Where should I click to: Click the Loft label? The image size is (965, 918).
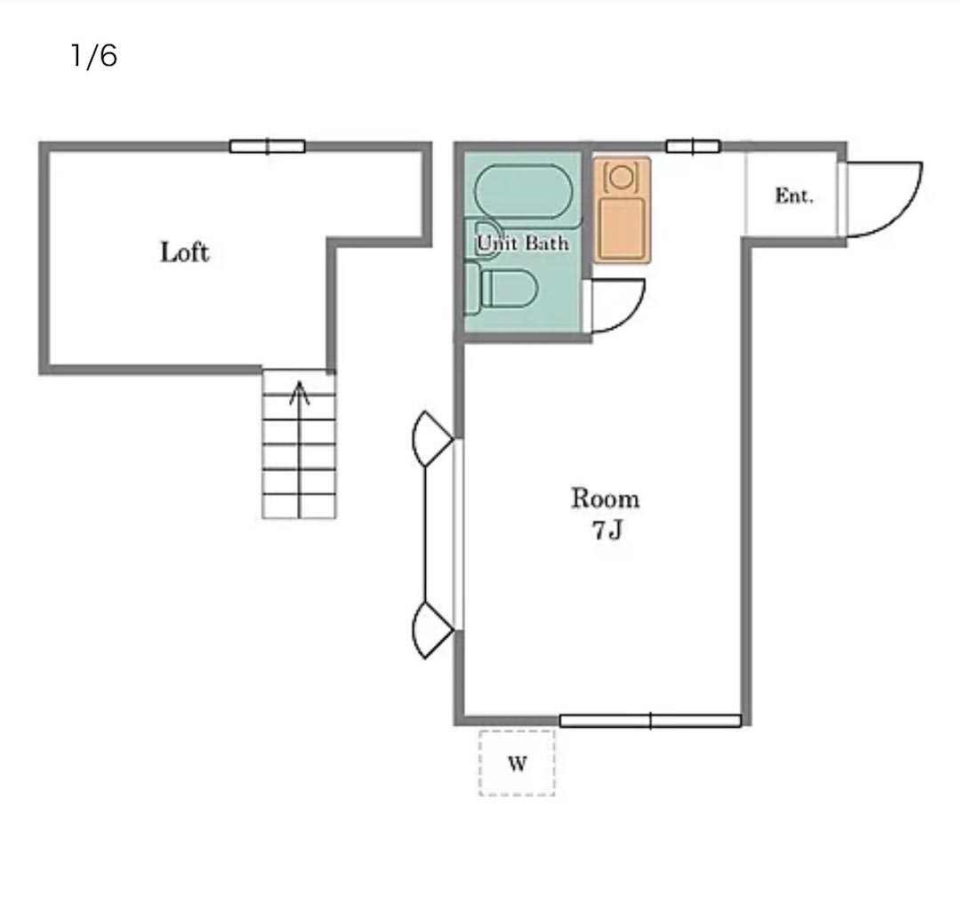coord(185,252)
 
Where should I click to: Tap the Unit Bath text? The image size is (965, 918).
coord(522,243)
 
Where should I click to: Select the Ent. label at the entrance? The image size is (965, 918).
coord(794,196)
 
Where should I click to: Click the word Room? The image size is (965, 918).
coord(606,498)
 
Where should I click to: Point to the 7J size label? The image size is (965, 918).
coord(607,530)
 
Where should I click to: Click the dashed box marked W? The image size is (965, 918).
coord(517,763)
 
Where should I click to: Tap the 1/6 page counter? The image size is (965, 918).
coord(93,55)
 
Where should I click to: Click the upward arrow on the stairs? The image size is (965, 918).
coord(300,449)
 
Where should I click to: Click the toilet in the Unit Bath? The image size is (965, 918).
coord(502,288)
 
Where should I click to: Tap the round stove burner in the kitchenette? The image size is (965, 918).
coord(622,177)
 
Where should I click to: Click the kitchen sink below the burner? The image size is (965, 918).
coord(623,228)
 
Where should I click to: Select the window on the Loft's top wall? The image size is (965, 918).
coord(267,147)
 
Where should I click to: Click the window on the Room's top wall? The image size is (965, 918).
coord(693,147)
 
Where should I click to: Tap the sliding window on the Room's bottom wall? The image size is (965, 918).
coord(650,721)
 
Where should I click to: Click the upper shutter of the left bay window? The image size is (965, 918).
coord(432,438)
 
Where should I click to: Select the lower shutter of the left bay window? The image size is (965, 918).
coord(432,630)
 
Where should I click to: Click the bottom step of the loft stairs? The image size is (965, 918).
coord(299,506)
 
